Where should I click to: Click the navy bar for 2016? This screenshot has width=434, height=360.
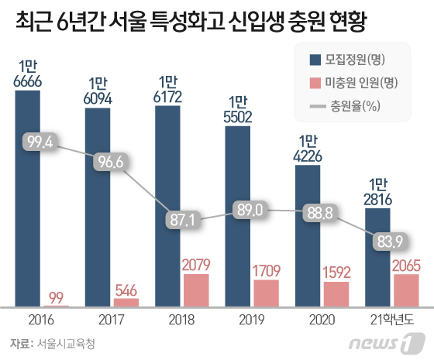tap(27, 198)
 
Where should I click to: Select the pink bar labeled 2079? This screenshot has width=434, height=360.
tap(196, 290)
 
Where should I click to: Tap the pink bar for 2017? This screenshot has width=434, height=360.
tap(126, 302)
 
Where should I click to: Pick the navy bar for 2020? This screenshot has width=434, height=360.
tap(308, 235)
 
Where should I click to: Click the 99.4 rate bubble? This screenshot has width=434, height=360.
tap(40, 142)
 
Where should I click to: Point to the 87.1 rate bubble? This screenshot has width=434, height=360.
tap(183, 220)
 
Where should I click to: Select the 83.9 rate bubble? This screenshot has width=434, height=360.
tap(390, 242)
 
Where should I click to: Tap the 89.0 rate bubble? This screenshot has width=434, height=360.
tap(250, 210)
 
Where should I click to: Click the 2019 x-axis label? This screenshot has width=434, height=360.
tap(252, 320)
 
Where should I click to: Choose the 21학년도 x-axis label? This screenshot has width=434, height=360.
tap(392, 320)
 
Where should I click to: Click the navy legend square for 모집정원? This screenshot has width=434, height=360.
tap(315, 60)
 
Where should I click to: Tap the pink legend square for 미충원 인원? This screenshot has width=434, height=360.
tap(315, 83)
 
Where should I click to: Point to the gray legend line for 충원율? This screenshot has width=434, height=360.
tap(318, 106)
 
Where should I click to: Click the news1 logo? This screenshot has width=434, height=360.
tap(387, 343)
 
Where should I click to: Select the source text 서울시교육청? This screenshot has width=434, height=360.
tap(66, 344)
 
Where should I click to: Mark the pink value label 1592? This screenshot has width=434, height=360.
tap(336, 273)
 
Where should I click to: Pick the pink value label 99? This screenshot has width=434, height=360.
tap(56, 297)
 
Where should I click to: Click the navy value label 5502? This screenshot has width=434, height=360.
tap(238, 117)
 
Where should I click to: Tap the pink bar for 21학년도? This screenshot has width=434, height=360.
tap(407, 290)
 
